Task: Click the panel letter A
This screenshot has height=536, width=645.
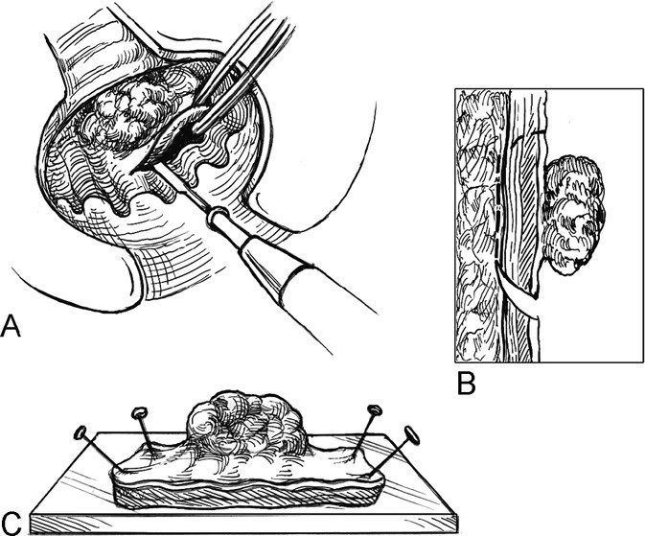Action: click(x=12, y=327)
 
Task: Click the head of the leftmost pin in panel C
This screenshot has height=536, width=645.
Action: click(x=81, y=431)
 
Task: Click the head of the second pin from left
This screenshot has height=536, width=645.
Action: click(x=140, y=413)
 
